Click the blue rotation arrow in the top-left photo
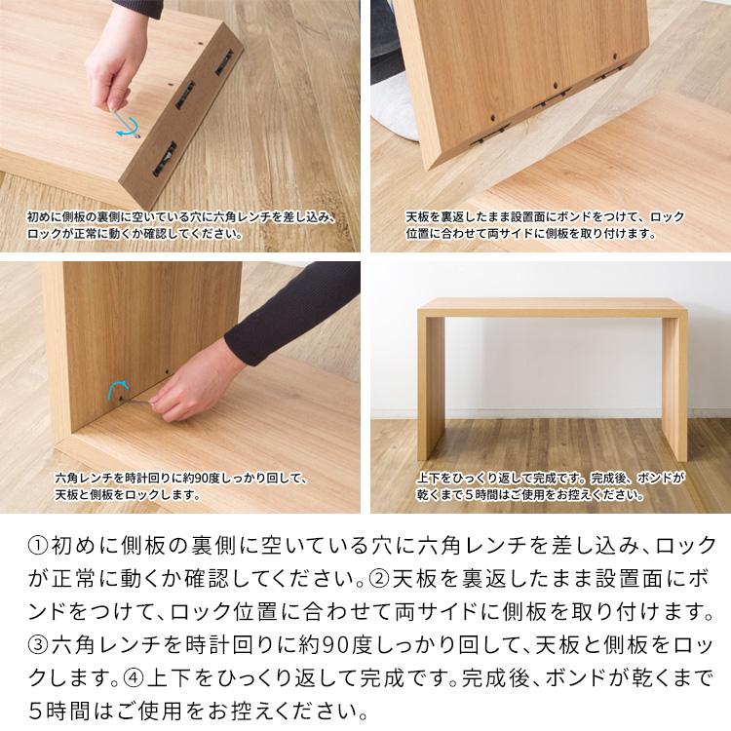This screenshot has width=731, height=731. coord(124,122)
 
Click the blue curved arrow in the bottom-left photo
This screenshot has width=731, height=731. coord(116,390)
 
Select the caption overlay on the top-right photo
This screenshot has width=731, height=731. coord(545,225)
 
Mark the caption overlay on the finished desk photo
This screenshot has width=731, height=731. coord(551,486)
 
